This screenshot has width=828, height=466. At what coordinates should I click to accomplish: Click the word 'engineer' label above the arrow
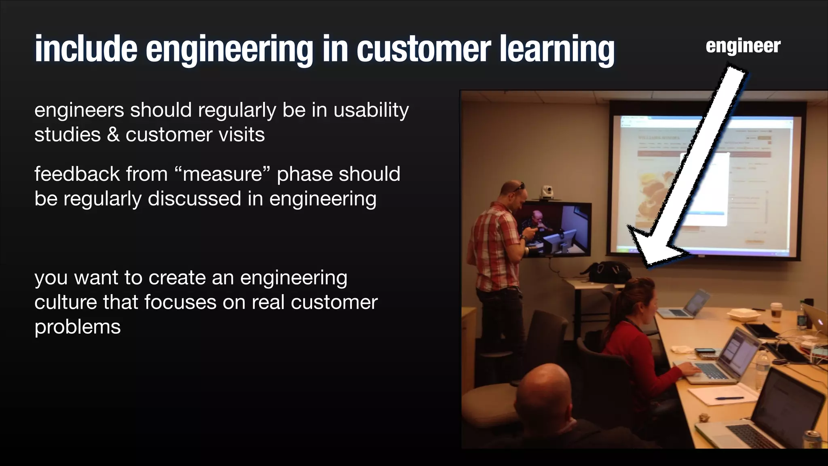743,46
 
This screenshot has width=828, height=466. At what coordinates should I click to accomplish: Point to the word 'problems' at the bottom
78,327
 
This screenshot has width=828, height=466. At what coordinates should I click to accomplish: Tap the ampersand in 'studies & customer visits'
113,135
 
